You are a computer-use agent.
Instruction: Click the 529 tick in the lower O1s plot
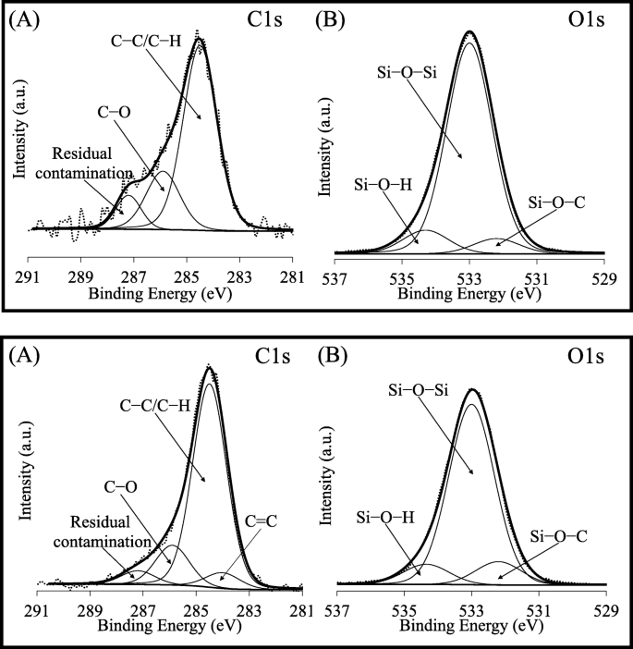[x=606, y=609]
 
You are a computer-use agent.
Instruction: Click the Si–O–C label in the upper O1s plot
[x=557, y=200]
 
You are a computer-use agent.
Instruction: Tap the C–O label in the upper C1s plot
[x=116, y=113]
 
